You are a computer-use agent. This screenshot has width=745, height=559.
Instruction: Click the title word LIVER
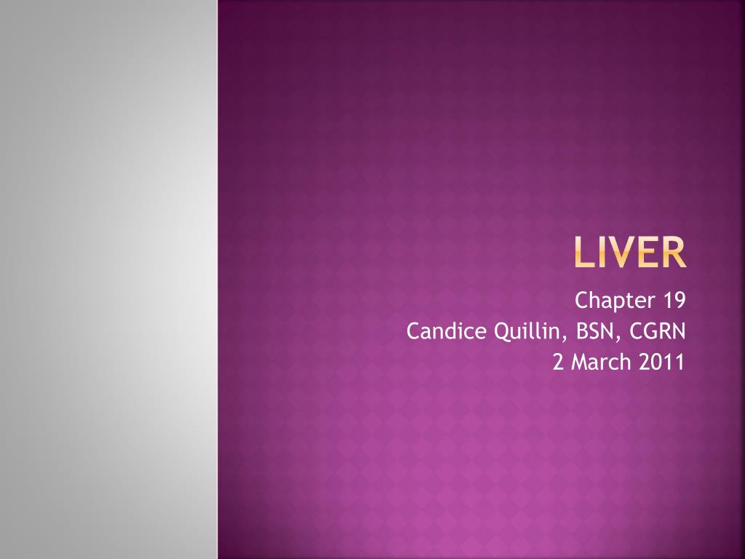pos(630,252)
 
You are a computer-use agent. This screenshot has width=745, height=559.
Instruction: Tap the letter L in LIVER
pos(583,252)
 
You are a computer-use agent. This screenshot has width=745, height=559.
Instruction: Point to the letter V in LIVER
pos(618,252)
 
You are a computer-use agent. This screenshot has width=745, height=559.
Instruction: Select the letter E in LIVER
pos(645,252)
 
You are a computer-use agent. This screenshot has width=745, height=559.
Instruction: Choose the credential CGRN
pos(658,331)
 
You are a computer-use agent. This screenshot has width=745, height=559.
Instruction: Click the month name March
pos(600,362)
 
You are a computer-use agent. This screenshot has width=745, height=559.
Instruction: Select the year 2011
pos(661,362)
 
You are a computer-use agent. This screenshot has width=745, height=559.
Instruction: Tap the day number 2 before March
pos(558,362)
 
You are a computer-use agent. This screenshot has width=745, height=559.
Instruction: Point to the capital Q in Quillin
pos(503,332)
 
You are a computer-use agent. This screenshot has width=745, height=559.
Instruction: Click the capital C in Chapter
pos(582,300)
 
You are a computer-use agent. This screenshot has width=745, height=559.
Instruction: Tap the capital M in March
pos(580,362)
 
